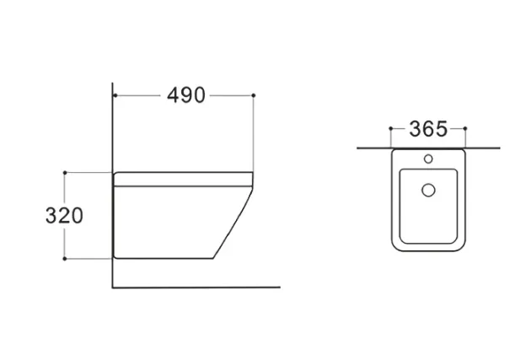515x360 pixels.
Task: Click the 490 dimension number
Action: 186,95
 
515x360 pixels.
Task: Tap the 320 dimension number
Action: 64,216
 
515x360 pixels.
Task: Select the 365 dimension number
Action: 428,129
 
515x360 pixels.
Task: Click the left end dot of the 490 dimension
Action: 115,95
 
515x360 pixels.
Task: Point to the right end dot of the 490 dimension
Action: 254,95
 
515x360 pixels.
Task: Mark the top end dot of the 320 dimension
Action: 65,173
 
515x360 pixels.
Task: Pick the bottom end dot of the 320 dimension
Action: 65,259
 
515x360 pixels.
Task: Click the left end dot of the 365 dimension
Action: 390,128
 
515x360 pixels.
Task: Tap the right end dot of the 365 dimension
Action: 465,128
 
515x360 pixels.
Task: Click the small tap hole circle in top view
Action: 428,159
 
